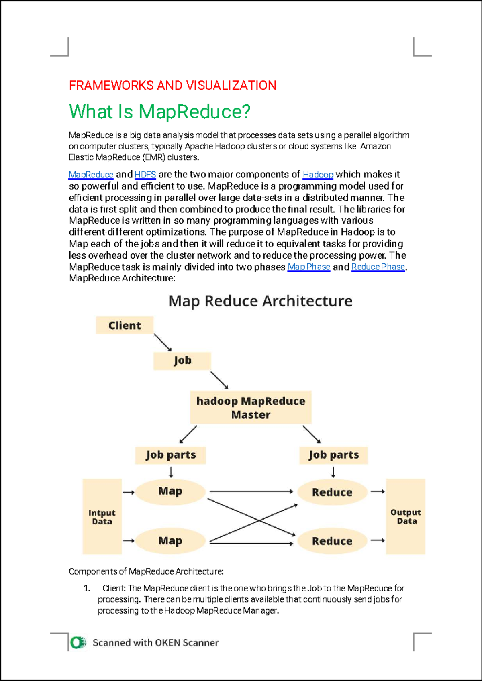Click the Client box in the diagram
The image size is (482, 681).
click(125, 325)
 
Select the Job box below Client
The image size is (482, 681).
click(182, 361)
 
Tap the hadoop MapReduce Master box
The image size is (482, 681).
click(251, 408)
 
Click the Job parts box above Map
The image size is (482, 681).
click(170, 455)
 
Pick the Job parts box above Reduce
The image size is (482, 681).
click(333, 455)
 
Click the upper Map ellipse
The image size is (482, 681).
click(170, 491)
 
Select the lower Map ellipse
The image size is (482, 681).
click(170, 541)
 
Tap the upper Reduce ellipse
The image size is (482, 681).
click(333, 492)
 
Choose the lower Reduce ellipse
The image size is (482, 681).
click(333, 541)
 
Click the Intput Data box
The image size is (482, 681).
click(102, 516)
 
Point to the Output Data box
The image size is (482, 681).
click(406, 516)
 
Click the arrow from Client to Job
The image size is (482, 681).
click(163, 343)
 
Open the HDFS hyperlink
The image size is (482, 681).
click(145, 175)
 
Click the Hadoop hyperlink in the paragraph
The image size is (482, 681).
click(318, 175)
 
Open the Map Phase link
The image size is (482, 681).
click(309, 267)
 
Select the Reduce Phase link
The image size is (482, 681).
click(378, 267)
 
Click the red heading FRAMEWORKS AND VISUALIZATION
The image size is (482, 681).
click(173, 86)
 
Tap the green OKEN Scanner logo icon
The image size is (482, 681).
click(78, 643)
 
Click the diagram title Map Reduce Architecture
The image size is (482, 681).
click(260, 301)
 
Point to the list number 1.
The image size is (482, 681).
click(87, 588)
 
